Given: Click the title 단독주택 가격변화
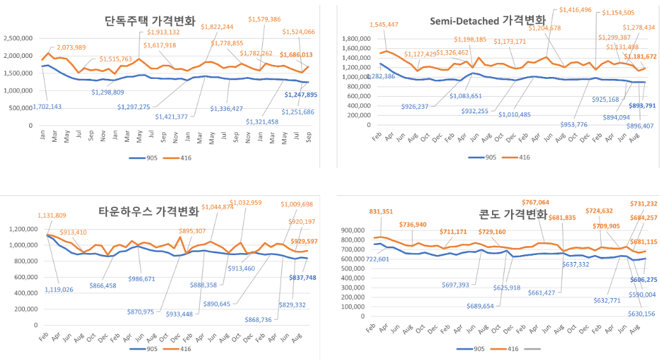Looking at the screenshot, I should (x=150, y=21).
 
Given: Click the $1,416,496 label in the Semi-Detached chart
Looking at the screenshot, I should (x=575, y=10).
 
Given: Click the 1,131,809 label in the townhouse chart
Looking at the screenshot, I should (x=57, y=216).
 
